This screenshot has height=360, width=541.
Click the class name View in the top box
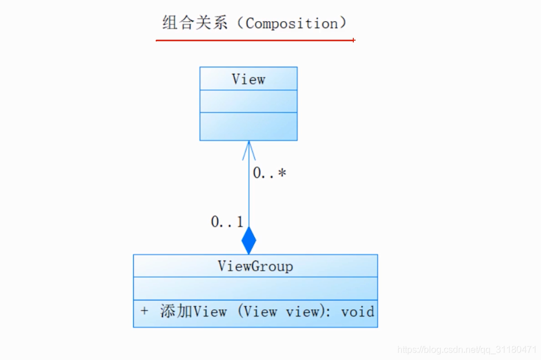point(248,79)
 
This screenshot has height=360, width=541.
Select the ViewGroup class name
point(255,266)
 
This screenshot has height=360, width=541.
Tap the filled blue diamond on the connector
point(249,240)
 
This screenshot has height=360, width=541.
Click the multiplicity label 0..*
point(269,173)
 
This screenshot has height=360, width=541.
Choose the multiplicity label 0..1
point(227,222)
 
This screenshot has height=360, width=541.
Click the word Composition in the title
point(291,23)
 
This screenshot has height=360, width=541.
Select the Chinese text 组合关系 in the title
point(195,23)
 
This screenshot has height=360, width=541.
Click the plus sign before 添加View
point(144,311)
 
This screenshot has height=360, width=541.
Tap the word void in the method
point(358,312)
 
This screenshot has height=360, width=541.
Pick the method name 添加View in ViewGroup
point(194,312)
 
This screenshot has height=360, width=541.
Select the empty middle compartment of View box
point(248,101)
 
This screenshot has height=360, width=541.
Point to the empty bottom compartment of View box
point(248,126)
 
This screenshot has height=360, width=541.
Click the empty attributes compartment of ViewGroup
point(255,288)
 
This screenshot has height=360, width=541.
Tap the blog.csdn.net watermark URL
point(467,349)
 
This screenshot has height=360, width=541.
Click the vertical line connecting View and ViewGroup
point(249,195)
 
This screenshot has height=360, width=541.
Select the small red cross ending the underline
point(354,40)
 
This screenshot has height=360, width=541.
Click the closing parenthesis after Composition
point(343,23)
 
